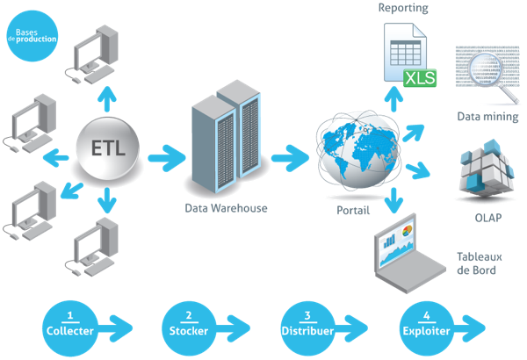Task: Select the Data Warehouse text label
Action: point(226,209)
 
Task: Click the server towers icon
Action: point(226,136)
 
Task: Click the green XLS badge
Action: point(418,80)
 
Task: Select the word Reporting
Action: point(403,8)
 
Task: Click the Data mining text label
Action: point(487,116)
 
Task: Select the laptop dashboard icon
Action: point(405,255)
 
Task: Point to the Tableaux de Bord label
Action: point(478,263)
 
